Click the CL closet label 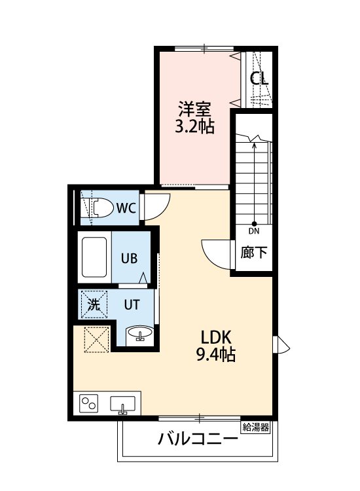pyautogui.click(x=259, y=79)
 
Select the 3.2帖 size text pyautogui.click(x=194, y=126)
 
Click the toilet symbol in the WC pyautogui.click(x=98, y=209)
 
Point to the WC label pyautogui.click(x=126, y=209)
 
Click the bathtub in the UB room pyautogui.click(x=94, y=257)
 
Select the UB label pyautogui.click(x=128, y=258)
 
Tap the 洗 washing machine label pyautogui.click(x=94, y=304)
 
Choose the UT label pyautogui.click(x=132, y=304)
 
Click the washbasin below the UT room pyautogui.click(x=139, y=335)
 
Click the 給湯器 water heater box pyautogui.click(x=256, y=427)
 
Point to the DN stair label pyautogui.click(x=254, y=230)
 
